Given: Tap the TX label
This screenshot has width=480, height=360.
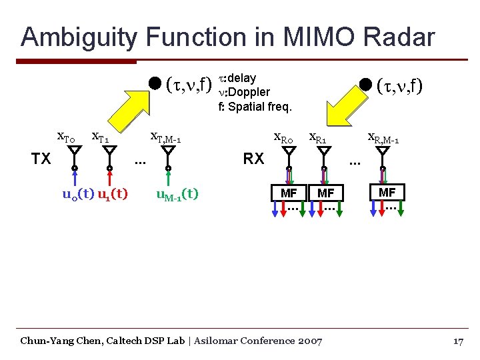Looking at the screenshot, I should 41,159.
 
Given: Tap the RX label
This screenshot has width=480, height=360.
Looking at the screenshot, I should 253,159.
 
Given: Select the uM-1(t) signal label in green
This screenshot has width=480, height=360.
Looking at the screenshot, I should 177,195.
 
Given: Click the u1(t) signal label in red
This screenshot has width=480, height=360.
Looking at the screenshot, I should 112,195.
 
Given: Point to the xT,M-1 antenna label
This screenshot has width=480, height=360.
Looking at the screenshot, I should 166,138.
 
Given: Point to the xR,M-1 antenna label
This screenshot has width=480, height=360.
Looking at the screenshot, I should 383,138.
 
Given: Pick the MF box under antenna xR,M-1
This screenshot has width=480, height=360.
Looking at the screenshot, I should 387,193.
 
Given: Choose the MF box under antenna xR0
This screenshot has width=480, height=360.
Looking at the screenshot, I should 289,193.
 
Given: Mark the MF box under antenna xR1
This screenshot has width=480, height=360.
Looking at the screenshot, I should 326,193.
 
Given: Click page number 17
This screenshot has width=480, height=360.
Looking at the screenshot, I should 457,341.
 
